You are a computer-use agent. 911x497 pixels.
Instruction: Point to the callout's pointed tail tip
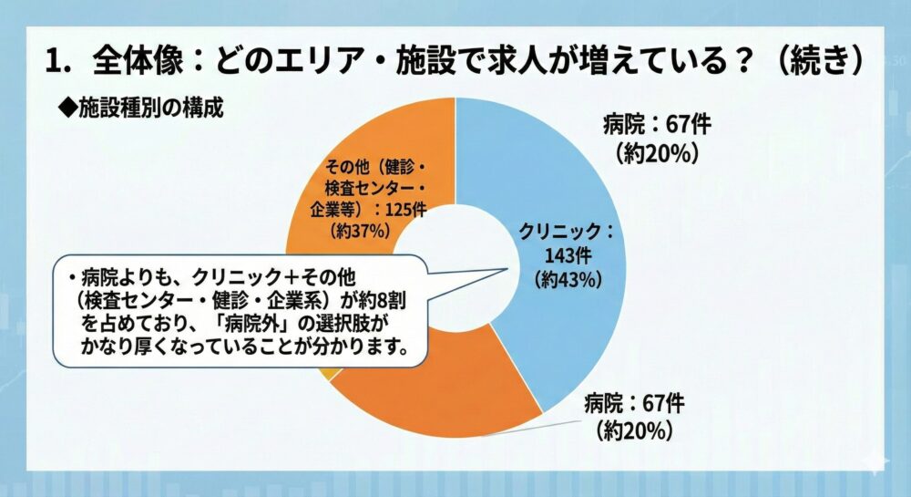pos(507,268)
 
